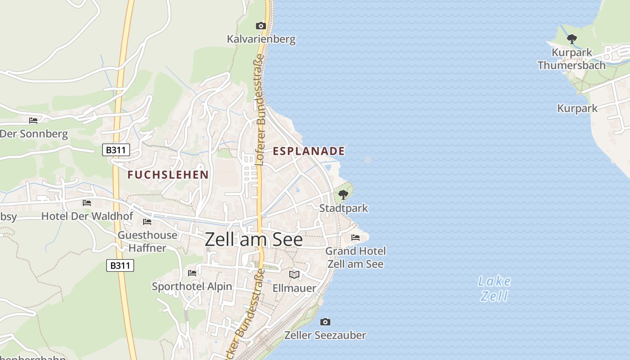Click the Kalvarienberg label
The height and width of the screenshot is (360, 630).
click(261, 39)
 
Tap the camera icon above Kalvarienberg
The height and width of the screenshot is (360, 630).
click(261, 26)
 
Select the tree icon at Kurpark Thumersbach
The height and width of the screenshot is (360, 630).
click(571, 39)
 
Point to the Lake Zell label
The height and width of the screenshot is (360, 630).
click(494, 288)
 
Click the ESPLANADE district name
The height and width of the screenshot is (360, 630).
click(309, 151)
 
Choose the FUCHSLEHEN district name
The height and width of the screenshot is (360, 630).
click(168, 175)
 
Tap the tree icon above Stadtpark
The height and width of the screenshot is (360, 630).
click(343, 195)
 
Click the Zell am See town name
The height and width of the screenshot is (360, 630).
click(254, 239)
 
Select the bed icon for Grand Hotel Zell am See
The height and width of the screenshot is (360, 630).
click(355, 237)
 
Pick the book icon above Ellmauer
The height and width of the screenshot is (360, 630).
click(294, 274)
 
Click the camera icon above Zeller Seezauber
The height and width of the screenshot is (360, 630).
click(325, 322)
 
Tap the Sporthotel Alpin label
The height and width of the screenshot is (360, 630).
click(192, 287)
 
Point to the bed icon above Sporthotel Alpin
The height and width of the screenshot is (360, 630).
click(192, 273)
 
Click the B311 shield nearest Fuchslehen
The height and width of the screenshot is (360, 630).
click(116, 150)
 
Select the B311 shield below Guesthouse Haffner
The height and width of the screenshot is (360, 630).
click(120, 265)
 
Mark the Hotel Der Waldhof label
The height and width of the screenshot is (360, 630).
click(87, 216)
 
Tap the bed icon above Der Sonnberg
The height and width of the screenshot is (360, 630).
click(33, 120)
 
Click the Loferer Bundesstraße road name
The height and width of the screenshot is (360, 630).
click(260, 110)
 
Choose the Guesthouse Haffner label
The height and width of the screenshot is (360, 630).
click(148, 241)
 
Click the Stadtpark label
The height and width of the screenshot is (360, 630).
click(343, 208)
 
